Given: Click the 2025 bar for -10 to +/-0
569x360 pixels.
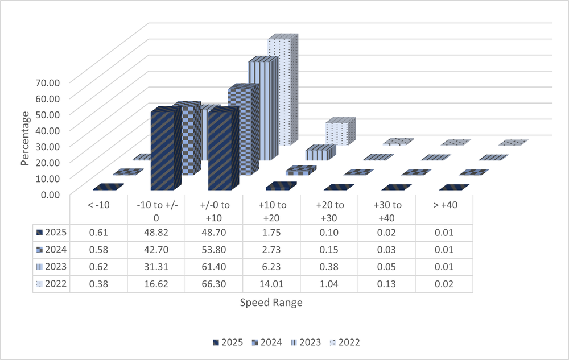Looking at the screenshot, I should (165, 151).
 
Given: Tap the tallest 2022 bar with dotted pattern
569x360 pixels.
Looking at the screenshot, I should (282, 91).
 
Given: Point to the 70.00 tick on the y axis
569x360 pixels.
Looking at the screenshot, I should (48, 82).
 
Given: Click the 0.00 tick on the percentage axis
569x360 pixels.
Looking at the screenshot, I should (48, 194).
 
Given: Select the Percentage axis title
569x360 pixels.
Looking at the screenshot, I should (25, 139).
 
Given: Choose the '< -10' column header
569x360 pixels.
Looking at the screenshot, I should (98, 205).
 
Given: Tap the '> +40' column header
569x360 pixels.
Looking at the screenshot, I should (444, 205).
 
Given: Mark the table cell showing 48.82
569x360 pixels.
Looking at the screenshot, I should (156, 232).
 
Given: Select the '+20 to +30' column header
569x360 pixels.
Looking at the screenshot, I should (329, 210).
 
